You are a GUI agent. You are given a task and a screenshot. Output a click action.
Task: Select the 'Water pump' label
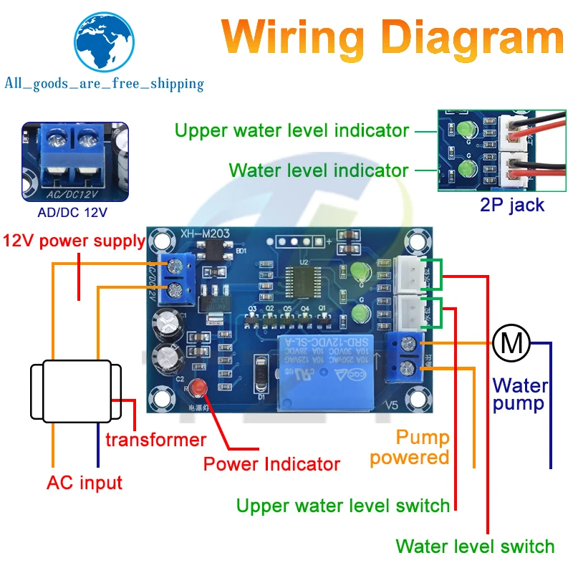point(520,395)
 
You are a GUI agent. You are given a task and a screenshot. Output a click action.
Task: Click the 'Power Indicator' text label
point(271,463)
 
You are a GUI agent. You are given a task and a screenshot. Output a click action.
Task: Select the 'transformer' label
point(155,439)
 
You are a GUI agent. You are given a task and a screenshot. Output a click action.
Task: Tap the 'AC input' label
point(85,482)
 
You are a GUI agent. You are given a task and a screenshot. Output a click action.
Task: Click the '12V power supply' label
point(74,241)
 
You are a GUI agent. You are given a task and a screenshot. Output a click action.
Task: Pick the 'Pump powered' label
point(413,447)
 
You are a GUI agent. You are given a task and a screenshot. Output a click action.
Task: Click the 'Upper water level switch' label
point(343,506)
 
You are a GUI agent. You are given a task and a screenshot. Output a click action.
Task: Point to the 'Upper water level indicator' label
point(292,131)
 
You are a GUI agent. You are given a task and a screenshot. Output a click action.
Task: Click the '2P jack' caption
point(512,206)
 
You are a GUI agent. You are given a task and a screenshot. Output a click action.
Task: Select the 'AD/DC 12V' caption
point(75,213)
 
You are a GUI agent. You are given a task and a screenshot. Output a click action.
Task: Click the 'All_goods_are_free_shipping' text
point(104,84)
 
